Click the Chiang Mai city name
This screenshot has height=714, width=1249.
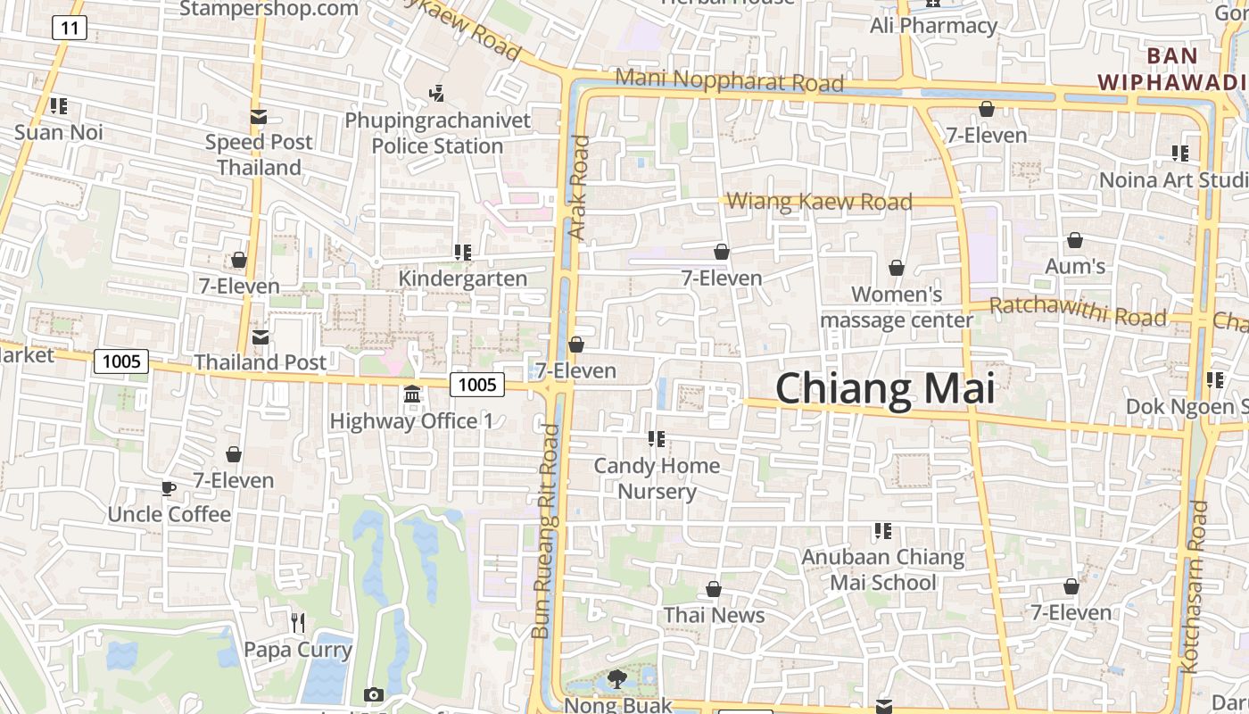click(884, 390)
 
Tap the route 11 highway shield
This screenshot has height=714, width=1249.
click(69, 29)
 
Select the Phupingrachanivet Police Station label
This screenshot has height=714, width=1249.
click(437, 133)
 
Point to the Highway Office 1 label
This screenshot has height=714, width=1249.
click(411, 420)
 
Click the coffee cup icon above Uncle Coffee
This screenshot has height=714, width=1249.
click(168, 488)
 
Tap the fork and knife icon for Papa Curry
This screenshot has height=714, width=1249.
click(298, 622)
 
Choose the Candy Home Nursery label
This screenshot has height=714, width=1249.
click(658, 478)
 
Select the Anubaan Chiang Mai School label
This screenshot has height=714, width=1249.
click(882, 570)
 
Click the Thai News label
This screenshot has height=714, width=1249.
click(714, 615)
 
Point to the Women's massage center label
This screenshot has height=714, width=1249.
click(897, 307)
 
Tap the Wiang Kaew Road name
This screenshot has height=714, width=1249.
click(820, 202)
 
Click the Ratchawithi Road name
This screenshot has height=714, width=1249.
click(1077, 311)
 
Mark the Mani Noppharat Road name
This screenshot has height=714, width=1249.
click(729, 80)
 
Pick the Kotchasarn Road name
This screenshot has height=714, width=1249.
click(1194, 585)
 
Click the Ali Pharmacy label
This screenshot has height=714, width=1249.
click(933, 26)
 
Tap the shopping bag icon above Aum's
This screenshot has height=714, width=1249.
click(1075, 240)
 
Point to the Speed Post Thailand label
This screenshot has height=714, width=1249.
click(259, 154)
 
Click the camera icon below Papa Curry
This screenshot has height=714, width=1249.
click(374, 694)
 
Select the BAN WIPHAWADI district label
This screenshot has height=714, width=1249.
click(1172, 69)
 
